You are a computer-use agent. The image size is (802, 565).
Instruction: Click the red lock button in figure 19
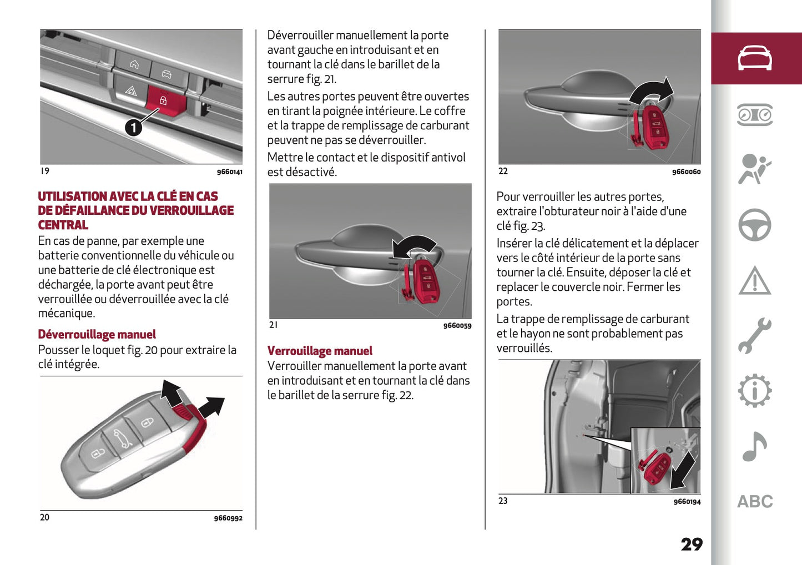click(163, 101)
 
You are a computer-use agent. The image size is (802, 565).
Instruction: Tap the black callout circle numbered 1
click(133, 128)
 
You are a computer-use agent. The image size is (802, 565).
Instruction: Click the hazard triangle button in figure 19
click(131, 90)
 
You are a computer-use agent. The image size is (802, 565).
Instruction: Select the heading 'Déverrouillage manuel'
click(97, 334)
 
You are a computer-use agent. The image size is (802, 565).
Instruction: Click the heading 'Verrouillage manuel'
click(320, 351)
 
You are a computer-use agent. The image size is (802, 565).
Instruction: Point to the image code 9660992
click(228, 518)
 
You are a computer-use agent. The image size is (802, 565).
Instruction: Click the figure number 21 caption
click(273, 325)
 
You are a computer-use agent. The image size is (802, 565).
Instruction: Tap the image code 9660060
click(686, 172)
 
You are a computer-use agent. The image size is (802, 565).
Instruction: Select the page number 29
click(692, 544)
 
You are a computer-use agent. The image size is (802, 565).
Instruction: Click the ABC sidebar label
click(755, 502)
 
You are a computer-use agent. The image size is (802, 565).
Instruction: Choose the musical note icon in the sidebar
click(754, 447)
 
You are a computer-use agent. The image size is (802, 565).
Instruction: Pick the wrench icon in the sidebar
click(754, 336)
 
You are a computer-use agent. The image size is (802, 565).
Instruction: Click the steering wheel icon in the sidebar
click(754, 225)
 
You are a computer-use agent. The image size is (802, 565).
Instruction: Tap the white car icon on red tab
click(754, 58)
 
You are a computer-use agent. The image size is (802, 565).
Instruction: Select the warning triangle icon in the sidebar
click(754, 281)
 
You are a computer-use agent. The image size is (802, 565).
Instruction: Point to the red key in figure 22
click(655, 128)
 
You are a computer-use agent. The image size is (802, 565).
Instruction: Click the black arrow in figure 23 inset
click(683, 470)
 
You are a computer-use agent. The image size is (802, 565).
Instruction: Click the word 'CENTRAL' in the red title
click(63, 225)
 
